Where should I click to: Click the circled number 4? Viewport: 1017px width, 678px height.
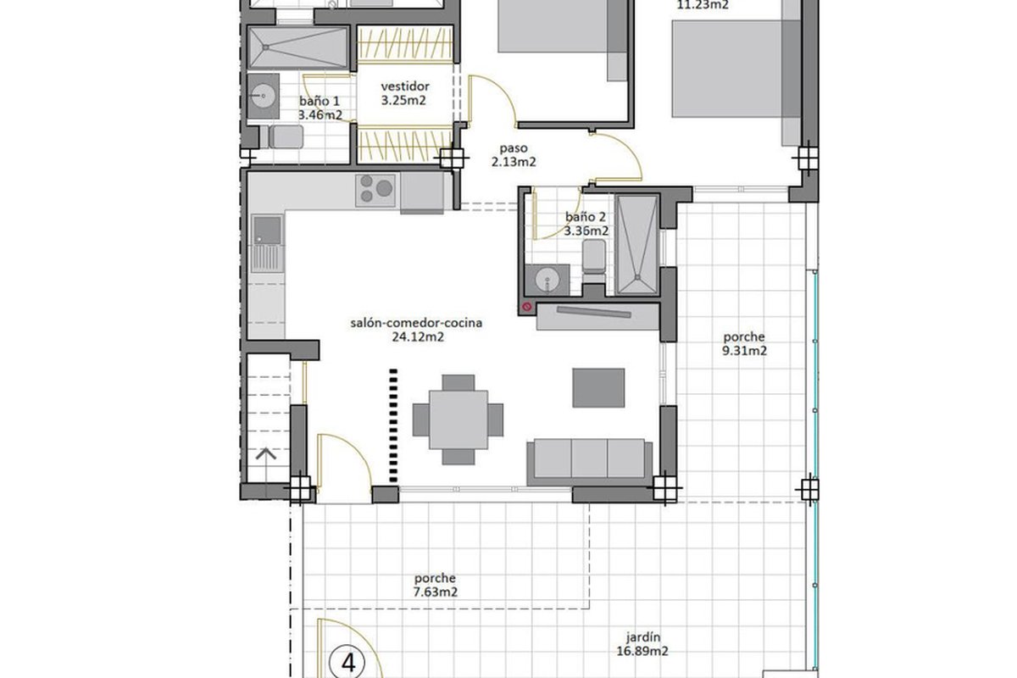pos(347,664)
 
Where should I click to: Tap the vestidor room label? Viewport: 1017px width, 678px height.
pos(405,86)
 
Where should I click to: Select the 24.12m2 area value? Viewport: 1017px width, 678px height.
pos(418,337)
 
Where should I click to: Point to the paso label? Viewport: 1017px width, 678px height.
pos(514,148)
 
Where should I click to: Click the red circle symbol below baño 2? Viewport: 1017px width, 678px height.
pos(526,307)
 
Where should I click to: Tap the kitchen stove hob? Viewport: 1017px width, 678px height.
pos(375,191)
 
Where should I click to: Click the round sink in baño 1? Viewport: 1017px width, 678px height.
pos(263,97)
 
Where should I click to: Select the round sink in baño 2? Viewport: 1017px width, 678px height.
pos(547,281)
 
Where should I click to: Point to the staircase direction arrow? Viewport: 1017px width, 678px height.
pos(266,453)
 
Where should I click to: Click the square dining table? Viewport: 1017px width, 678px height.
pos(458,420)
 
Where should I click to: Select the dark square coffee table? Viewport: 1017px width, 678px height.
pos(598,388)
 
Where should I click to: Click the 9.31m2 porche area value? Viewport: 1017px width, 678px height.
pos(744,351)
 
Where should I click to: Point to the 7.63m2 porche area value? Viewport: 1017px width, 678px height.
pos(435,592)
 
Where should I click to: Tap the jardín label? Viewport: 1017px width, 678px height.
pos(642,637)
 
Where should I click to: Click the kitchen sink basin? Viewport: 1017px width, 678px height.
pos(267,231)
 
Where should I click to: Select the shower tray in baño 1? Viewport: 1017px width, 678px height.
pos(298,47)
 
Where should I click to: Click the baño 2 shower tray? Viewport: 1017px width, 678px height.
pos(637,245)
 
